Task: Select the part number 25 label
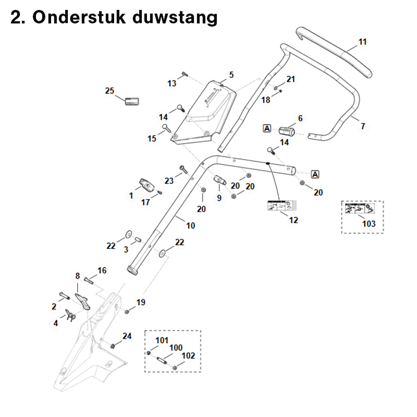click(x=109, y=91)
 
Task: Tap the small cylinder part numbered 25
click(x=130, y=101)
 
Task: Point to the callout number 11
click(x=363, y=41)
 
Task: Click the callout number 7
click(x=363, y=126)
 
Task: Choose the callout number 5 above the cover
click(x=231, y=75)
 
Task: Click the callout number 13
click(x=172, y=83)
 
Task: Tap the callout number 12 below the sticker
click(x=293, y=220)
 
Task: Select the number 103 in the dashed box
click(x=369, y=224)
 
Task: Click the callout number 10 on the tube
click(x=190, y=226)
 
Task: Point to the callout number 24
click(x=127, y=336)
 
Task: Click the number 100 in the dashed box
click(x=176, y=347)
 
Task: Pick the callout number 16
click(x=102, y=270)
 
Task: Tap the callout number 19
click(x=141, y=302)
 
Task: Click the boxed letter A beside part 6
click(x=267, y=128)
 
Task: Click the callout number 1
click(x=131, y=195)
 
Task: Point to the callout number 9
click(x=219, y=198)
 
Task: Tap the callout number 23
click(x=169, y=181)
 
